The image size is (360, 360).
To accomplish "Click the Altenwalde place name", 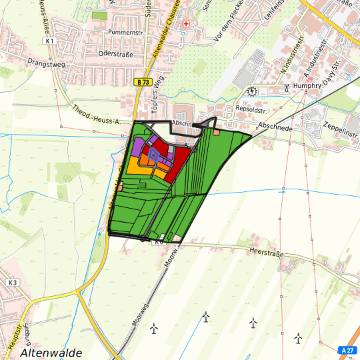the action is point(51,353).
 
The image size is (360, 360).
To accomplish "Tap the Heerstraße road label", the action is point(266,251).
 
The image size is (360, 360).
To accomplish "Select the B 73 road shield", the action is point(141,81).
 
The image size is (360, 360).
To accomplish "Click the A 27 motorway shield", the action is point(347,350).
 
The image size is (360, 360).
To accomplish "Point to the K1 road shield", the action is point(50,41).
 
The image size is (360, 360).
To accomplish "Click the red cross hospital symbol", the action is point(186,24).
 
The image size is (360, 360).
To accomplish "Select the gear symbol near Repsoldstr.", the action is point(252,91).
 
